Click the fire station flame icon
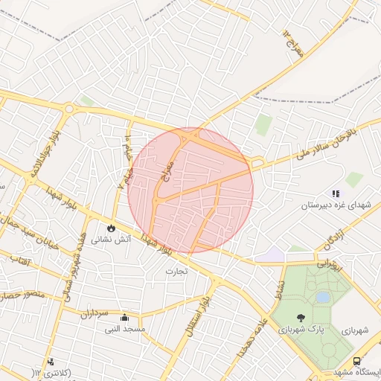click(111, 228)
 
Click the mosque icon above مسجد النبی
click(124, 316)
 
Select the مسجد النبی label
click(124, 328)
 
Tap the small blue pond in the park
click(323, 297)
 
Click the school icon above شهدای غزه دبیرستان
click(335, 192)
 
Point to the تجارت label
click(179, 271)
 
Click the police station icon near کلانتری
click(51, 362)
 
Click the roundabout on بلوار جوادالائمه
click(70, 109)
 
